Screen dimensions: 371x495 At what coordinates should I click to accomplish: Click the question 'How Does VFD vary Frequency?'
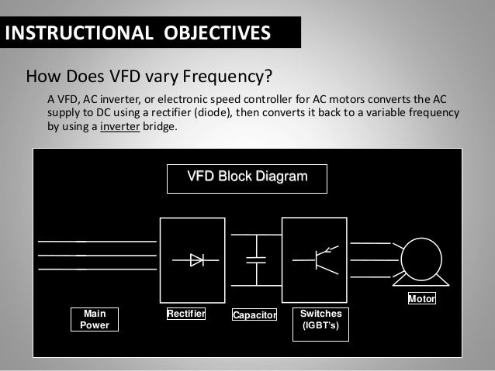(151, 77)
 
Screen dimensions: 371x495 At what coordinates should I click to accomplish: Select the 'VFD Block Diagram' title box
(247, 177)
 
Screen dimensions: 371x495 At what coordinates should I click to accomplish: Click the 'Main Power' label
(95, 319)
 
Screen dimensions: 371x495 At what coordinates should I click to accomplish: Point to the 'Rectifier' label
(186, 314)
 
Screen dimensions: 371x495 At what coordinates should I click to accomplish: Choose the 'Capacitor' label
(254, 315)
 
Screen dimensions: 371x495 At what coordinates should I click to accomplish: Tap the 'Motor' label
(422, 298)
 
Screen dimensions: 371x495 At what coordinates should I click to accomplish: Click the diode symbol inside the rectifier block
(197, 259)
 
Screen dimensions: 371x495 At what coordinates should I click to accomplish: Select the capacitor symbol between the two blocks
(255, 259)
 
